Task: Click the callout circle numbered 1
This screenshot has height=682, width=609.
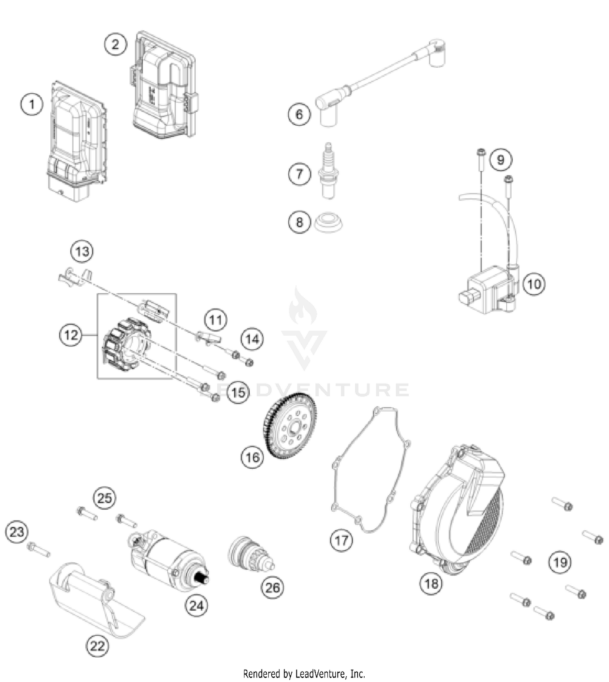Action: coord(32,105)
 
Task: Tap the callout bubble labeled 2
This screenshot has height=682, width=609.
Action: coord(116,44)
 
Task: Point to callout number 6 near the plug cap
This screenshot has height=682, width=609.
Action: coord(299,114)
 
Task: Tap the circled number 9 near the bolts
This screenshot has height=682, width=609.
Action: coord(501,159)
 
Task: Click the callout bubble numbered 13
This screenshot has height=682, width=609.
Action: coord(82,251)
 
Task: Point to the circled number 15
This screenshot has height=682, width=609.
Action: coord(238,392)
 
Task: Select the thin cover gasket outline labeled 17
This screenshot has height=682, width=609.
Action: coord(369,470)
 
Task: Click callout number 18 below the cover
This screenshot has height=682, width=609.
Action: coord(431,583)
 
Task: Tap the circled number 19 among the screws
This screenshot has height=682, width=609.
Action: coord(560,562)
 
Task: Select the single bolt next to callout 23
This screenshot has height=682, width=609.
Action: coord(39,549)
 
